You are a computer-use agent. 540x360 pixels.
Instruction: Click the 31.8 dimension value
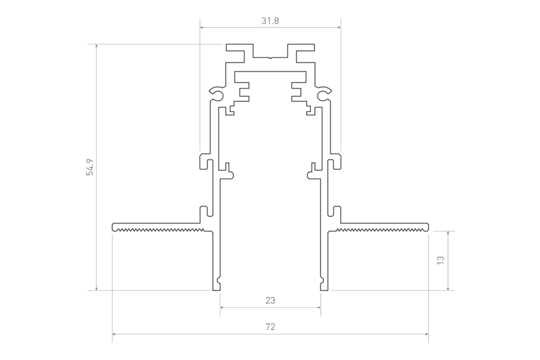click(x=270, y=21)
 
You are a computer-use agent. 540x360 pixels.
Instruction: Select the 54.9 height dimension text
click(x=90, y=167)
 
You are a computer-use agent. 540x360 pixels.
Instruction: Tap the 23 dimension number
click(x=271, y=301)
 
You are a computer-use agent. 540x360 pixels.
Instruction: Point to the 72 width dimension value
click(x=271, y=326)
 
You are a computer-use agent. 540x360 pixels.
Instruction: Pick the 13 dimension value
click(x=440, y=260)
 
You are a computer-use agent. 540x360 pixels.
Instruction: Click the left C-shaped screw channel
click(x=217, y=94)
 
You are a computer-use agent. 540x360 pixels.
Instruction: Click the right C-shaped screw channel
click(x=324, y=94)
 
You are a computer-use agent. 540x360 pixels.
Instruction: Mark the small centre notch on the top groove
click(x=271, y=58)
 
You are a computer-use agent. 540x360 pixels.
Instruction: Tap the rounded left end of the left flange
click(x=113, y=227)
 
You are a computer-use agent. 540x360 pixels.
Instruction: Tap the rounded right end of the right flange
click(x=427, y=227)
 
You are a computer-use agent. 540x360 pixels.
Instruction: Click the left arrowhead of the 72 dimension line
click(x=114, y=334)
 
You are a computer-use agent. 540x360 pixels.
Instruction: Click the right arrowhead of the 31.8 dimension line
click(x=339, y=27)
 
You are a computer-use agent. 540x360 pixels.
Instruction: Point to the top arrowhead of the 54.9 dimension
click(x=97, y=46)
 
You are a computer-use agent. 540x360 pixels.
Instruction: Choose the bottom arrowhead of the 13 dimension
click(x=448, y=289)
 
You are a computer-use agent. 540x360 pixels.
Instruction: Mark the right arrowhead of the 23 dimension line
click(x=319, y=306)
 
